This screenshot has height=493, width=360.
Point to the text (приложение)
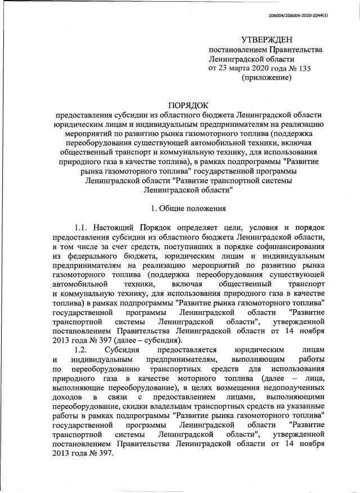click(x=266, y=78)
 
